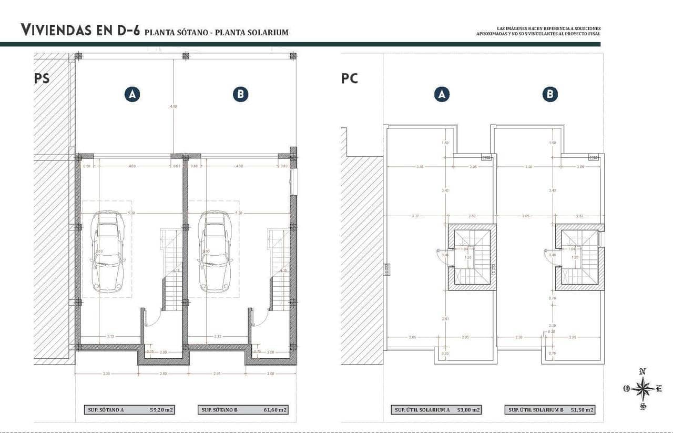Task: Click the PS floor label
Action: coord(42,78)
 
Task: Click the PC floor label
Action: coord(350,78)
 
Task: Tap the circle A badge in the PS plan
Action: coord(132,94)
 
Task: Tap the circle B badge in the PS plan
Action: coord(240,94)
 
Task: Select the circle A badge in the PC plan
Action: coord(442,94)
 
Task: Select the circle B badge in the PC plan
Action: coord(550,94)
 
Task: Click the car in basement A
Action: coord(107,251)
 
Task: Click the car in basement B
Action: coord(215,251)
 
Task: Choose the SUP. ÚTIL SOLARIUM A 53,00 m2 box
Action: coord(436,410)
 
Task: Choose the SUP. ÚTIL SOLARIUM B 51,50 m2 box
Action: coord(549,410)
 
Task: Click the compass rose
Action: coord(643,389)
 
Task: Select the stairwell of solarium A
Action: coord(472,257)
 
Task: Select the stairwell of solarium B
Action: coord(579,257)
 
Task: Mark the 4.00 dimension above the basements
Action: coord(174,106)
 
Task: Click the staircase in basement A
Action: coord(171,271)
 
